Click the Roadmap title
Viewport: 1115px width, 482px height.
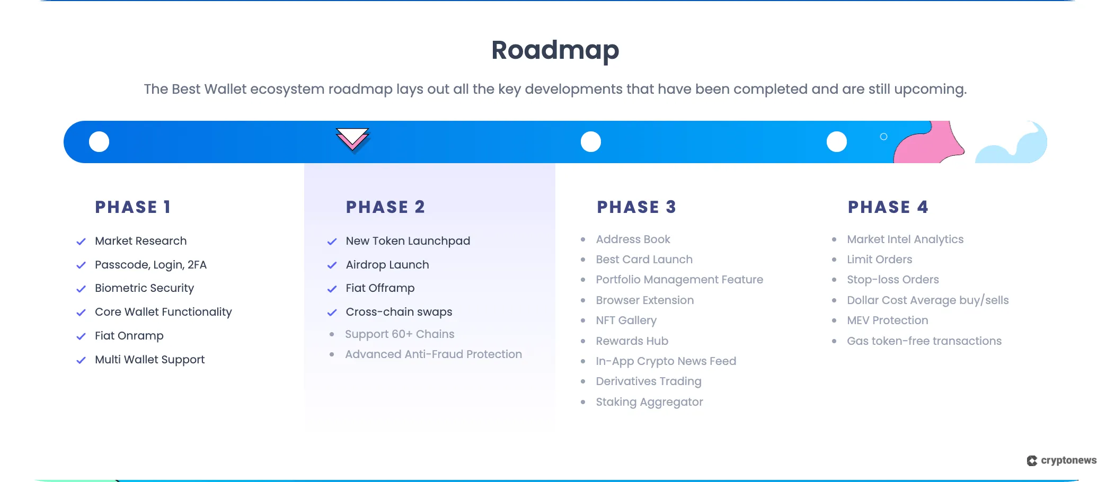pos(555,50)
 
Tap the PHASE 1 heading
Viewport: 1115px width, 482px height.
pos(133,207)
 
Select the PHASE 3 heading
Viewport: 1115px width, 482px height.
pos(636,207)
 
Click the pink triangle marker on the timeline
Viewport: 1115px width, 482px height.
pos(352,139)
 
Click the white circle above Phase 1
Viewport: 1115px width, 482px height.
pos(99,142)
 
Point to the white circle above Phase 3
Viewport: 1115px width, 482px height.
pos(591,142)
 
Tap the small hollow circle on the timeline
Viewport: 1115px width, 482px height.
pos(883,137)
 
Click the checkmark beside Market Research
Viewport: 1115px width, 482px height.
pos(81,242)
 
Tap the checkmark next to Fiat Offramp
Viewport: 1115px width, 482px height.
pos(332,289)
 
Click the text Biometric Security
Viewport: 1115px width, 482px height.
pos(144,288)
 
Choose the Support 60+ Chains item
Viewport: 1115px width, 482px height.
pos(400,334)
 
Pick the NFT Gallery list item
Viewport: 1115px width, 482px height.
pos(626,320)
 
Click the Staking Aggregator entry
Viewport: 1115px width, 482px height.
pos(649,402)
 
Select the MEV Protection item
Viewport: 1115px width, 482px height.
pos(887,320)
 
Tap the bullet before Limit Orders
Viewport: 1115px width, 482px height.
pos(834,260)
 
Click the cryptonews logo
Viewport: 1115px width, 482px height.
pos(1061,460)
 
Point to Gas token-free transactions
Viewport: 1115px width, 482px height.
pos(924,341)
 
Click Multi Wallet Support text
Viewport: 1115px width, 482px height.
pos(149,360)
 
